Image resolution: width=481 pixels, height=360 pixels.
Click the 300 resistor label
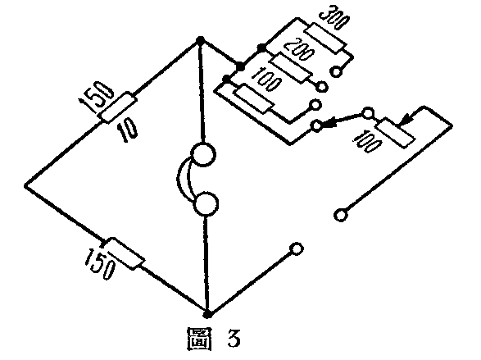(x=335, y=19)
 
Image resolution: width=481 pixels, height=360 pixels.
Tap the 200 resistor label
(x=299, y=49)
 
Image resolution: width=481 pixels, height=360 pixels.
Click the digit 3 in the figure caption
(x=234, y=338)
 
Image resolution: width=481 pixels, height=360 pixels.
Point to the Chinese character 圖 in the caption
(x=200, y=339)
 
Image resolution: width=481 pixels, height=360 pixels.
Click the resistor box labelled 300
(x=326, y=38)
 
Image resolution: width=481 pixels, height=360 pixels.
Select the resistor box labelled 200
(x=291, y=68)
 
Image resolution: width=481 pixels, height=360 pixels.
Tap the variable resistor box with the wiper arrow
(x=396, y=133)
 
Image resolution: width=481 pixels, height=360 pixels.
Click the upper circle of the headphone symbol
(x=202, y=155)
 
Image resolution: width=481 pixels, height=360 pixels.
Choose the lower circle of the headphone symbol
(x=206, y=204)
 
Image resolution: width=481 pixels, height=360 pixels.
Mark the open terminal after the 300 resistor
(x=336, y=72)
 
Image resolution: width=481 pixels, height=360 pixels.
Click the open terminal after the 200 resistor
(x=322, y=87)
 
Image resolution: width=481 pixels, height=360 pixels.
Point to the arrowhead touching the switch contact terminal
(x=328, y=123)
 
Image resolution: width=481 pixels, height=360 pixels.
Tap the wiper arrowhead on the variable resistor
(x=404, y=120)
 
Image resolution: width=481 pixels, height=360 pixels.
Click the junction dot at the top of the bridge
(x=200, y=40)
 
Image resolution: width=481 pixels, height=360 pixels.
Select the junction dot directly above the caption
(x=207, y=315)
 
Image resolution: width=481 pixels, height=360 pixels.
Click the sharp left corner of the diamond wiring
(x=25, y=185)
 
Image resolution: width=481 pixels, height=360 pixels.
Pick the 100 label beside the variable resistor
(x=367, y=141)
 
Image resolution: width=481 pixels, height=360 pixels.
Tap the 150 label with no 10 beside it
(x=101, y=263)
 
